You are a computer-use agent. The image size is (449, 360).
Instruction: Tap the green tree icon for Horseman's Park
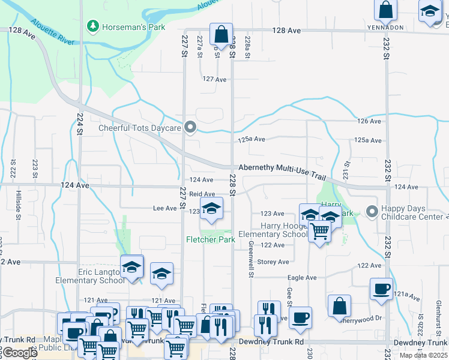(x=92, y=26)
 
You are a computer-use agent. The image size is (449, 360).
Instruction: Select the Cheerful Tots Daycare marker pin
(x=191, y=127)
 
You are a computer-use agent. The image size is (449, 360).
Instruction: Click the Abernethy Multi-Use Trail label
(x=282, y=170)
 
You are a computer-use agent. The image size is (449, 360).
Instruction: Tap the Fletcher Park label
(x=209, y=239)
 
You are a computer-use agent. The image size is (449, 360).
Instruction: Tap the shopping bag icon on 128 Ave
(x=221, y=34)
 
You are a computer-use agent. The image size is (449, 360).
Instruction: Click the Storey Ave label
(x=273, y=262)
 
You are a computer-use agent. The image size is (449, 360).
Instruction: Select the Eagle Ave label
(x=302, y=278)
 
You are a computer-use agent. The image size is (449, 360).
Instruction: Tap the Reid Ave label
(x=202, y=194)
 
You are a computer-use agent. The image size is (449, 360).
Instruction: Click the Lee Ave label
(x=165, y=208)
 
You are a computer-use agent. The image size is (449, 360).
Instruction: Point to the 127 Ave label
(x=214, y=79)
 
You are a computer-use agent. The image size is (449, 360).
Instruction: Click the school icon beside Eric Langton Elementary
(x=132, y=268)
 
